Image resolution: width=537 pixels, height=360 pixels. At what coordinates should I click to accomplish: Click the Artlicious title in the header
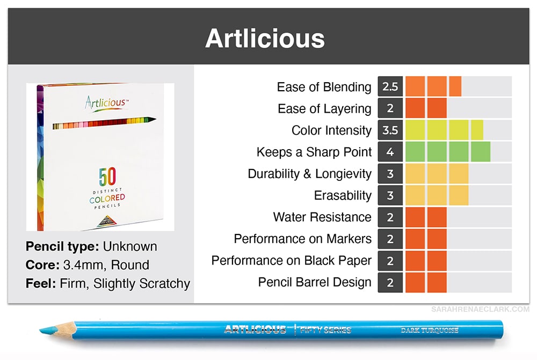[x=265, y=38]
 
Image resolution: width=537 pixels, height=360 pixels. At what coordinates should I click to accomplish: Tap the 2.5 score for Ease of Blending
[x=390, y=86]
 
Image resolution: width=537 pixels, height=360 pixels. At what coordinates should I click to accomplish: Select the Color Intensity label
[x=331, y=130]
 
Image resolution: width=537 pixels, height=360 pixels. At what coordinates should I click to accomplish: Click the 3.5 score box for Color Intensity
[x=390, y=130]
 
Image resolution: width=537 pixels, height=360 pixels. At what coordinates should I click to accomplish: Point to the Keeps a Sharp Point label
[x=314, y=152]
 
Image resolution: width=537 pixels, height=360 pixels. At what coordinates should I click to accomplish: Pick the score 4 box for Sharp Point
[x=390, y=152]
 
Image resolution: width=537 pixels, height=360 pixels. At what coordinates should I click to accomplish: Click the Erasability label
[x=343, y=195]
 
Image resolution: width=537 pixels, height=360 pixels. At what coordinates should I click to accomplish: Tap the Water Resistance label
[x=322, y=217]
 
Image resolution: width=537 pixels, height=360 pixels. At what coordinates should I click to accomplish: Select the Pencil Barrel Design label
[x=315, y=282]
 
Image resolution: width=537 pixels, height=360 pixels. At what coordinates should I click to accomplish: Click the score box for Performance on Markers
[x=390, y=239]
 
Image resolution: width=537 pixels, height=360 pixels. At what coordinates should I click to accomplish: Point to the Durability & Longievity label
[x=310, y=174]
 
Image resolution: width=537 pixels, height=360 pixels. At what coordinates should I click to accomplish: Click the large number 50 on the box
[x=107, y=176]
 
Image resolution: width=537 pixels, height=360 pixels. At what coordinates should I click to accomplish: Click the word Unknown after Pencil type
[x=130, y=246]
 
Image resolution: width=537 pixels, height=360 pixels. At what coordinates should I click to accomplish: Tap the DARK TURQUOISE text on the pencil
[x=430, y=330]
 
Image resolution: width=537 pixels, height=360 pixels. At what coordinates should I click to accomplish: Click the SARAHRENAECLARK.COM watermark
[x=480, y=310]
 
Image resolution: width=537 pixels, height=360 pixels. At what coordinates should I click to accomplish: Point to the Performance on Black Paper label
[x=292, y=261]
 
